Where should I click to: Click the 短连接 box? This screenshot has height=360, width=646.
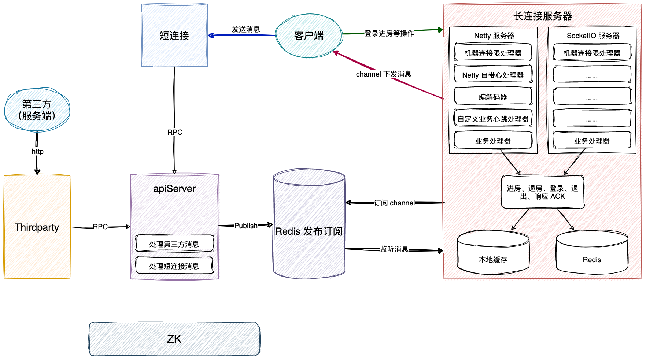(x=174, y=36)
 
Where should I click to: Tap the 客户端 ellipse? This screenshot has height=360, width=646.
(x=309, y=36)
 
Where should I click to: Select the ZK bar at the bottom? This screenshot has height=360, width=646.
(x=174, y=339)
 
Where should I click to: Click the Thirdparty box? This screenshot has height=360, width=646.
(x=37, y=227)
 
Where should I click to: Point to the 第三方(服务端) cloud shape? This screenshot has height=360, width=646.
(x=37, y=110)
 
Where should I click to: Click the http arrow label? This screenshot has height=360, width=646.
(x=37, y=152)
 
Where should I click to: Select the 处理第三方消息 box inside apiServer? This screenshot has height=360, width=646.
(x=174, y=244)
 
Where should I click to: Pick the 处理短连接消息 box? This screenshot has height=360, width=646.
(x=174, y=266)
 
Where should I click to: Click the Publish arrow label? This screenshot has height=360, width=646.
(x=246, y=226)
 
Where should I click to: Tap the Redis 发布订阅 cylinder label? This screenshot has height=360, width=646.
(x=309, y=231)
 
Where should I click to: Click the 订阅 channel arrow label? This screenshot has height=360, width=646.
(x=394, y=203)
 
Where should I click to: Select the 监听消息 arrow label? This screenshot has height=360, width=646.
(x=394, y=249)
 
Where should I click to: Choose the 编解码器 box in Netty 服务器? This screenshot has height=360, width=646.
(x=493, y=97)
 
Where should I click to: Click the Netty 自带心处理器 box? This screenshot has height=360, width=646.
(x=493, y=75)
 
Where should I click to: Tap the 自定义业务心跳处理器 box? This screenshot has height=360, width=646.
(x=493, y=119)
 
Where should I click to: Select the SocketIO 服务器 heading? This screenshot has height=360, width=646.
(x=593, y=36)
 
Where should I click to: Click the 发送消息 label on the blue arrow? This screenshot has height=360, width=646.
(x=246, y=29)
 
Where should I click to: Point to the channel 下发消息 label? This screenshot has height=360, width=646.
(x=384, y=74)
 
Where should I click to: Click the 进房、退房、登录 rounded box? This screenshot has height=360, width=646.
(x=542, y=192)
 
